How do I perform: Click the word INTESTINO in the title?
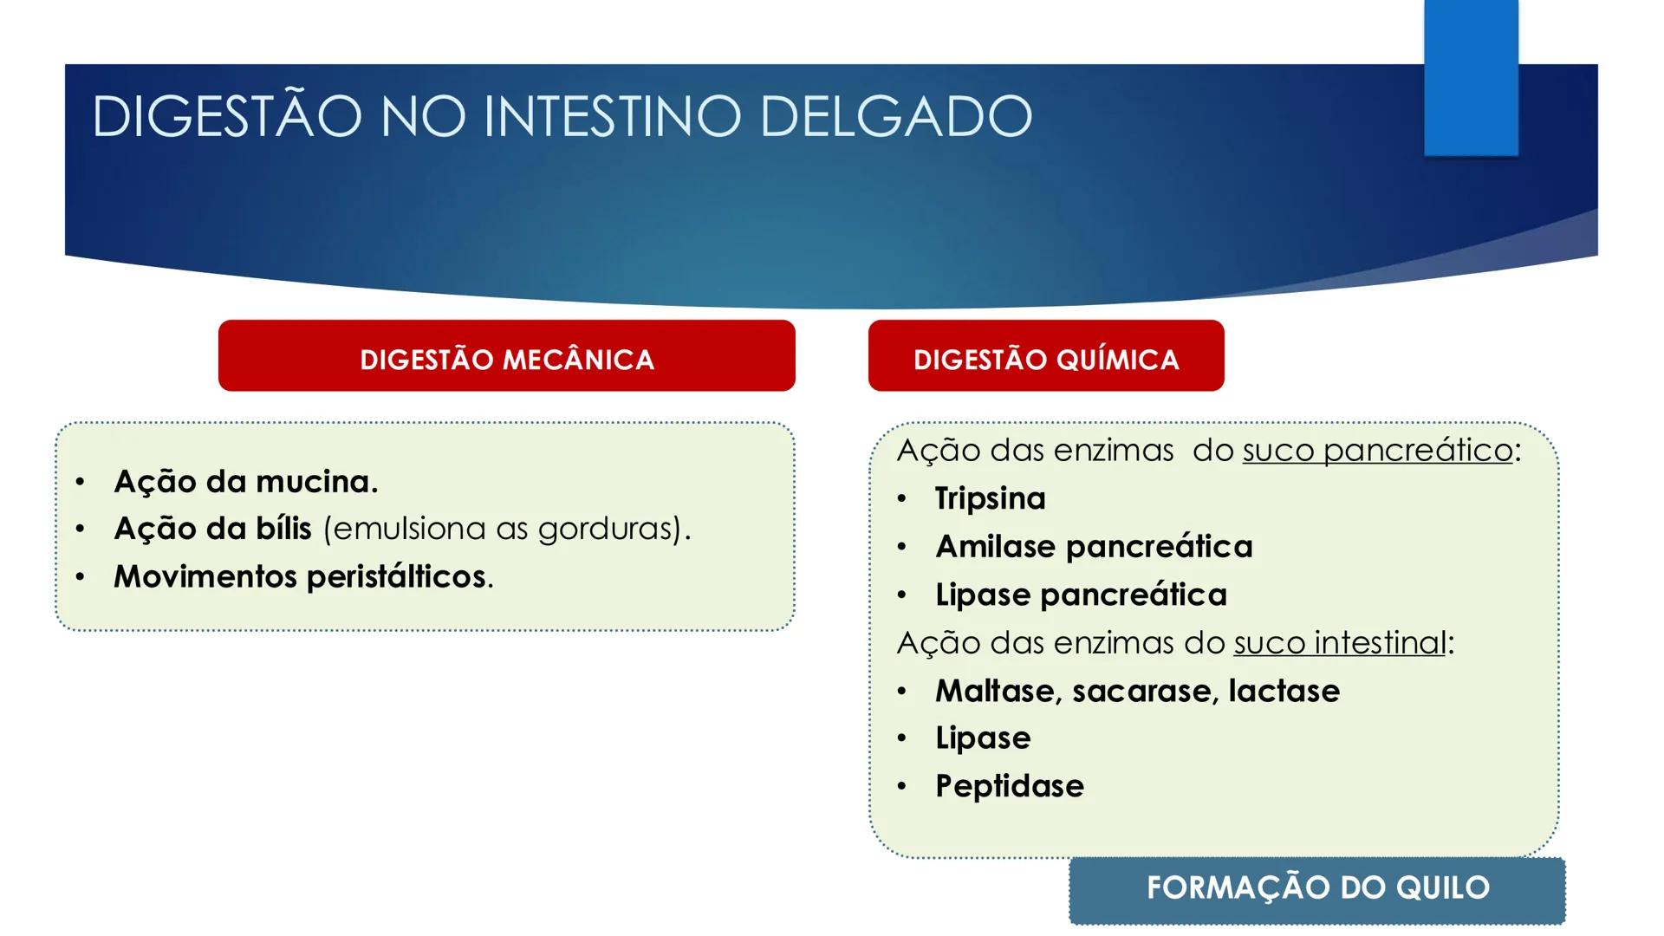tap(612, 116)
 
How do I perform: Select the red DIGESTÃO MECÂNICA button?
tap(506, 356)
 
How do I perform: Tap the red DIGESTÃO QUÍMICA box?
tap(1045, 356)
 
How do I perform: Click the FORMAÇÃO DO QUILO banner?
tap(1316, 889)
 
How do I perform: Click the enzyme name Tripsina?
tap(990, 499)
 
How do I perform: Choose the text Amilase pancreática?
tap(1094, 547)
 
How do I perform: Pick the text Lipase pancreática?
tap(1081, 595)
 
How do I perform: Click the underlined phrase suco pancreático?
tap(1377, 451)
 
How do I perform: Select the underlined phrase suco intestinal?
tap(1340, 643)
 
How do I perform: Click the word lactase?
tap(1284, 692)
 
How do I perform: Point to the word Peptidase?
tap(1010, 787)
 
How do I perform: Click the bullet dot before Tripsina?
tap(902, 500)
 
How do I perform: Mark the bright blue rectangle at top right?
tap(1471, 78)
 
